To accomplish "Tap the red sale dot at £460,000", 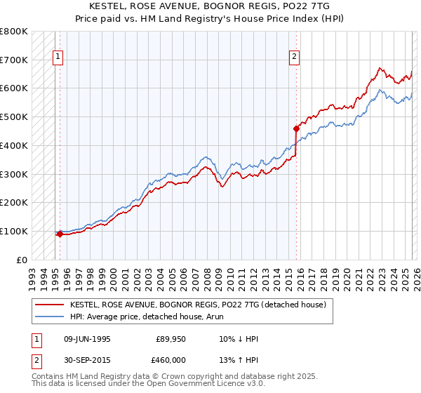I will [x=296, y=128].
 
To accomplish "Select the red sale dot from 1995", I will [x=60, y=234].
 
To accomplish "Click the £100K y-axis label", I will [x=14, y=231].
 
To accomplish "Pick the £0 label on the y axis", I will [x=23, y=260].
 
